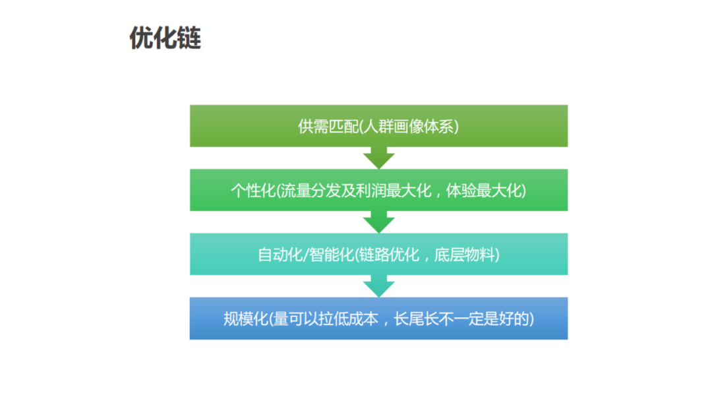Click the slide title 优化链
coord(165,38)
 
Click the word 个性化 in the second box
coord(252,191)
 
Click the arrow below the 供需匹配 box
coord(378,158)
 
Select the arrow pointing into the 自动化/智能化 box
coord(378,222)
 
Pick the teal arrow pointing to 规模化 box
coord(378,286)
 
